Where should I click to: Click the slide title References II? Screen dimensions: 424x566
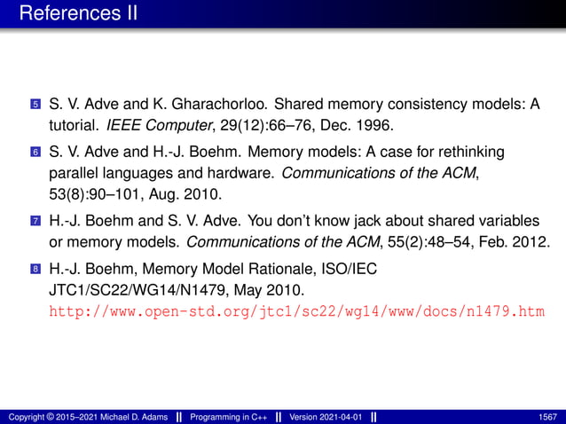click(75, 14)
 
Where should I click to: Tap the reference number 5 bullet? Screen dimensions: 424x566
click(35, 106)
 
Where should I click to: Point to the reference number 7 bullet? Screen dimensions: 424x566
click(35, 219)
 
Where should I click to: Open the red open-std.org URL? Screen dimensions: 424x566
click(295, 311)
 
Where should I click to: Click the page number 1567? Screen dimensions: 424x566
click(547, 416)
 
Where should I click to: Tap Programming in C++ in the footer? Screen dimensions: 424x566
click(226, 416)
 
